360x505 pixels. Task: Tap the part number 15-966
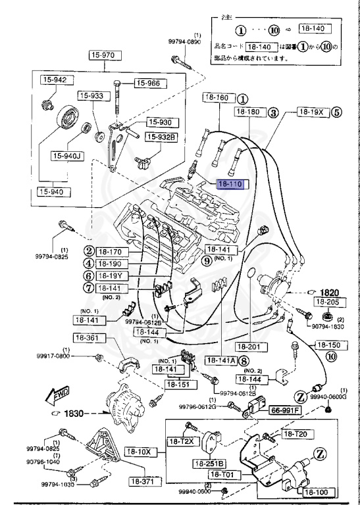(149, 83)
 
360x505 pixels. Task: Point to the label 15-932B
(161, 137)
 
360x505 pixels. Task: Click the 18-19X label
(311, 112)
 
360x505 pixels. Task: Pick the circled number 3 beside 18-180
(272, 112)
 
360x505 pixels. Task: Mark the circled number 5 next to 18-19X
(336, 112)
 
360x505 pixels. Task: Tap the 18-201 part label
(249, 346)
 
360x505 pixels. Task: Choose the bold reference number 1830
(73, 413)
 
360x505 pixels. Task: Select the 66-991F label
(284, 410)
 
